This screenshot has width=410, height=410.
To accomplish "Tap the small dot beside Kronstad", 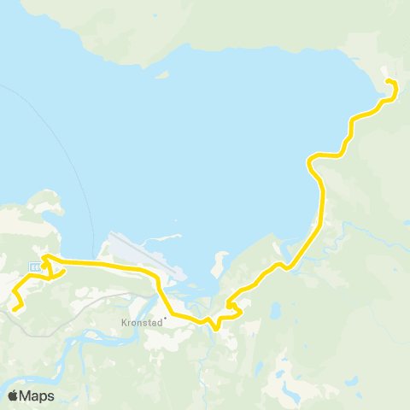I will coord(165,320).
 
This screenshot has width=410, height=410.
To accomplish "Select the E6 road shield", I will coord(34,267).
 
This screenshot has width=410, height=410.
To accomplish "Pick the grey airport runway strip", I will coord(145,257).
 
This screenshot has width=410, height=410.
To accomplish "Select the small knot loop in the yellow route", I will coord(231,304).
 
